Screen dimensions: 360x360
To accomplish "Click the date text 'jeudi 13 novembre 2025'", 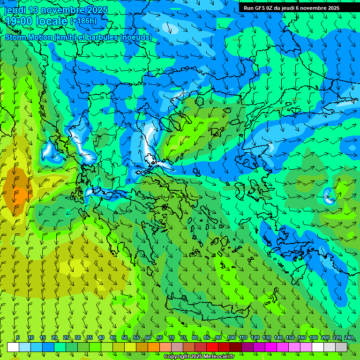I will pos(55,10).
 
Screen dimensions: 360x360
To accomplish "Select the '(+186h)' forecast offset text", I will pos(83,21).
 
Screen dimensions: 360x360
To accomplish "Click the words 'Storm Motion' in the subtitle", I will pos(28,37).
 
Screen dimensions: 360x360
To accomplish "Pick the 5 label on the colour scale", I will pos(18,337).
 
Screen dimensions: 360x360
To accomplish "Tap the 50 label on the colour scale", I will pos(125,337).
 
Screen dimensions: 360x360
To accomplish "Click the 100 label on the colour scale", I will pos(231,337).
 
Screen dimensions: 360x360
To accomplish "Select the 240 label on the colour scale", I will pos(348,337).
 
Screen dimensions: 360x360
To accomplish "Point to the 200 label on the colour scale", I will pos(325,337).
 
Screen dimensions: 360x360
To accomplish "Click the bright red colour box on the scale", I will pos(212,347).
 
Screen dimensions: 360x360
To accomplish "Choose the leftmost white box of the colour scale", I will pos(13,347).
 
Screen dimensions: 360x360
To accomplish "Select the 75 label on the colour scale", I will pos(183,337).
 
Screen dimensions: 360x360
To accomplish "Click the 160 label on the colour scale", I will pos(301,337).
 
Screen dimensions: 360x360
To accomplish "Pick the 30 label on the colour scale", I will pos(78,337).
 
